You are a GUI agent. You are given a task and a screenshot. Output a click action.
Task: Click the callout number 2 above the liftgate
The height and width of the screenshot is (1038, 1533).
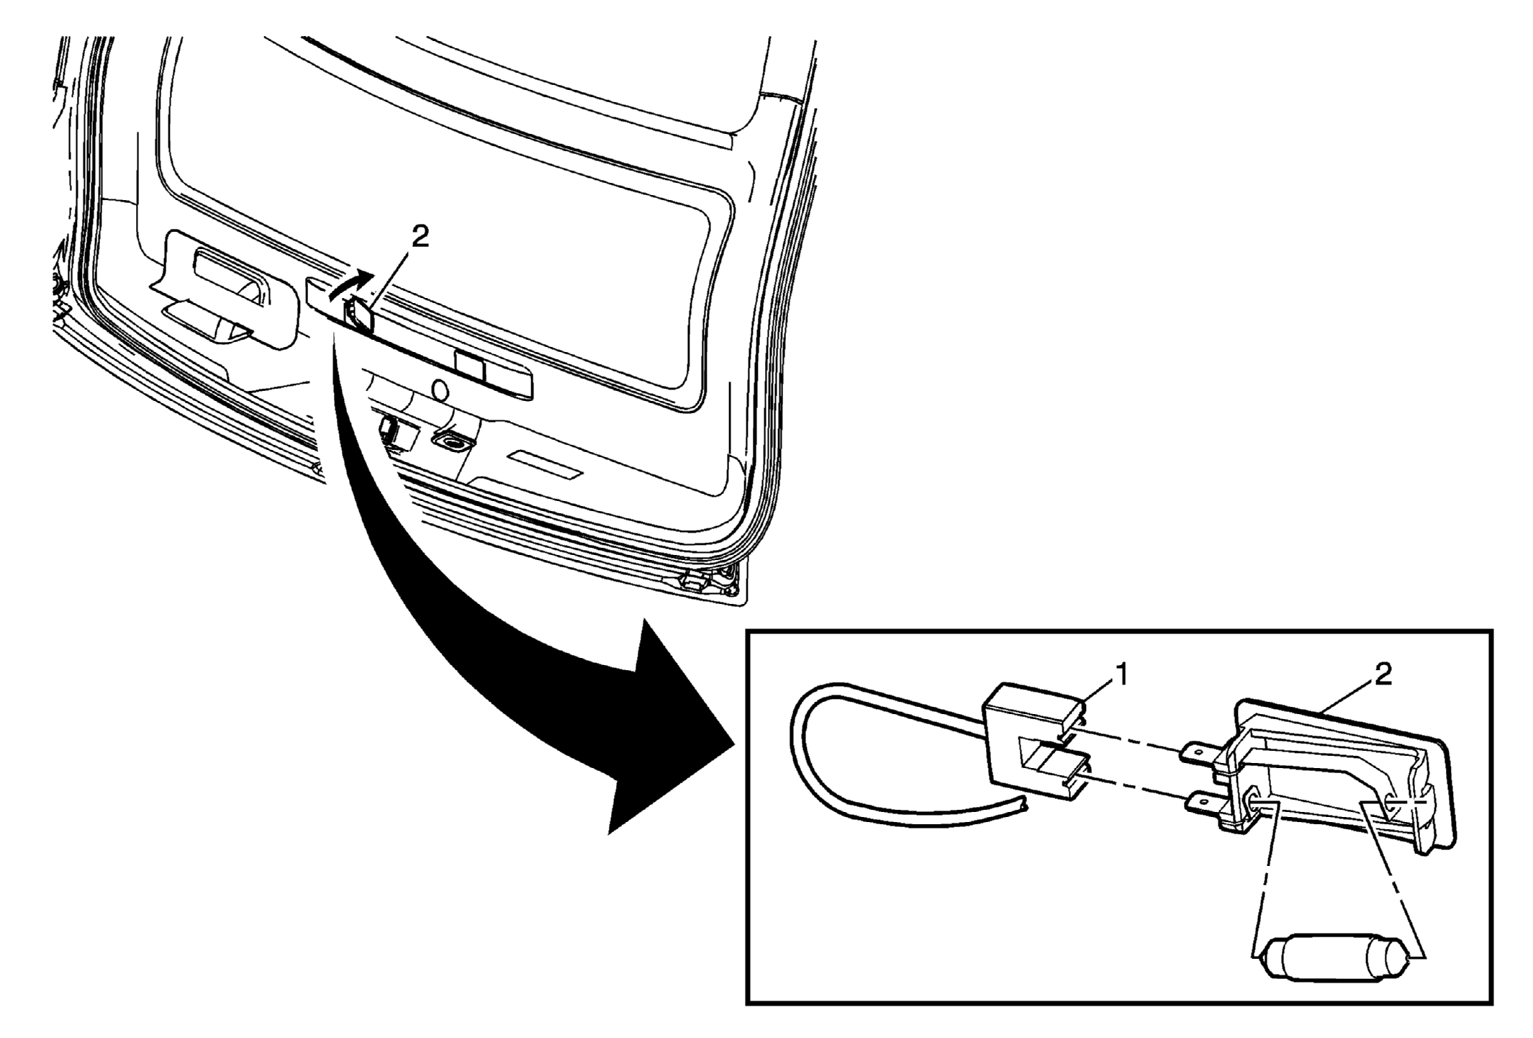[x=420, y=236]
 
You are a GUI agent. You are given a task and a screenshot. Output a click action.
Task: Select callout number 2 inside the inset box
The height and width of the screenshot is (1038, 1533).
[x=1383, y=674]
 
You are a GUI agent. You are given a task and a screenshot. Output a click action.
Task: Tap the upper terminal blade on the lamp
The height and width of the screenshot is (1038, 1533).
[x=1203, y=755]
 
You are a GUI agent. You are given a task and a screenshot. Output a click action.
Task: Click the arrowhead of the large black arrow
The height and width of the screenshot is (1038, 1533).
[x=673, y=727]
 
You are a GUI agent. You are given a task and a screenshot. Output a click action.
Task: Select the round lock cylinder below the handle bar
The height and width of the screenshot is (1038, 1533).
[x=440, y=391]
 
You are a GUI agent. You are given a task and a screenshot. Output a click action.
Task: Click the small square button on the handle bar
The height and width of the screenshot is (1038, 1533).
[x=471, y=366]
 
